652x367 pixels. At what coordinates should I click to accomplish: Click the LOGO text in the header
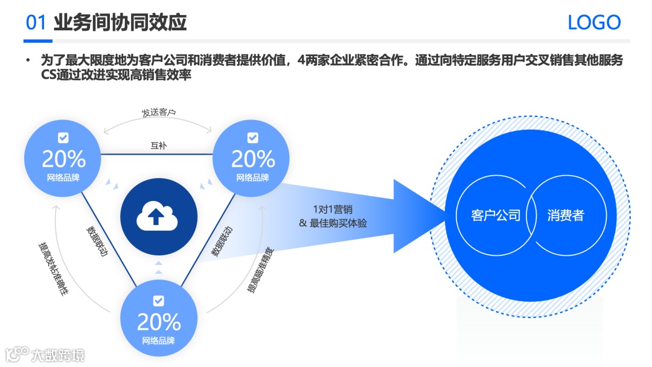click(594, 23)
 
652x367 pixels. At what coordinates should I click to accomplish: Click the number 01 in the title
click(36, 23)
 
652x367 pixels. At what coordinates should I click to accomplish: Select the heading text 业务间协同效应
click(120, 23)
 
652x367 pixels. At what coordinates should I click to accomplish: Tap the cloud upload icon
click(158, 215)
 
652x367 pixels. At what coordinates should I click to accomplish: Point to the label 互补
click(158, 145)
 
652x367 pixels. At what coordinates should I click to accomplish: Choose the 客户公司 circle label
click(496, 215)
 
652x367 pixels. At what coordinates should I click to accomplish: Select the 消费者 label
click(566, 215)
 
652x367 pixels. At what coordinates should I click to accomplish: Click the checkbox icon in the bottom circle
click(158, 300)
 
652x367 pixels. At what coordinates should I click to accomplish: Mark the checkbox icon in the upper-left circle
click(63, 138)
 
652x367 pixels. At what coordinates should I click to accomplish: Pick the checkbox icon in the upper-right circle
click(252, 138)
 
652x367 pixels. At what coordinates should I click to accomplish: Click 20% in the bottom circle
click(159, 322)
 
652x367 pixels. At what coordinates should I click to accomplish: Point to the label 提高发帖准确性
click(55, 269)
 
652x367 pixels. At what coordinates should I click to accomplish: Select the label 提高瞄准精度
click(260, 269)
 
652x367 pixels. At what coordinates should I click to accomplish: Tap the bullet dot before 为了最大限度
click(27, 61)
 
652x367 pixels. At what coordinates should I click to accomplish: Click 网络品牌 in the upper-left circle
click(63, 178)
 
